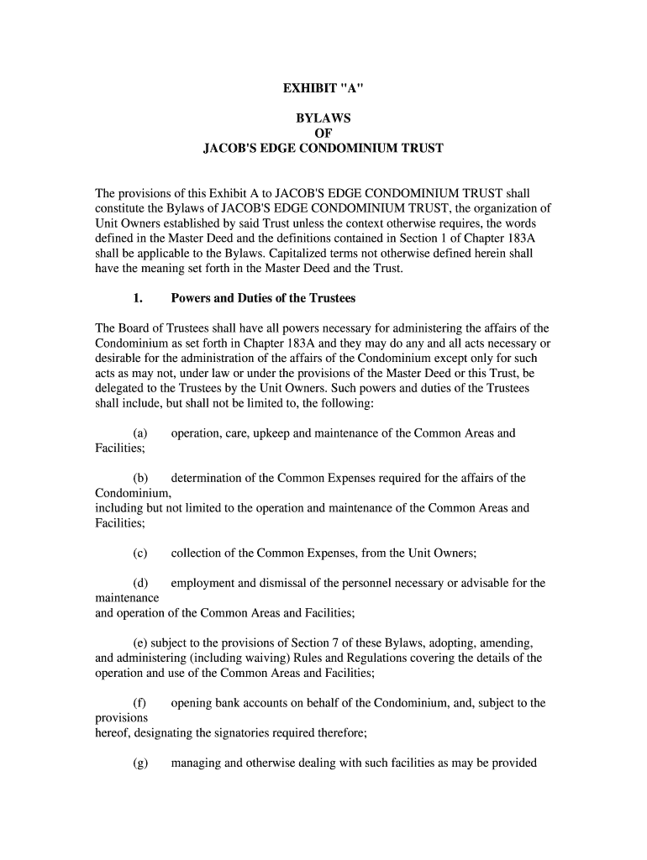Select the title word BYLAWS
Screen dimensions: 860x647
pos(323,118)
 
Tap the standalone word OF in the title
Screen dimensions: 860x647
pos(323,134)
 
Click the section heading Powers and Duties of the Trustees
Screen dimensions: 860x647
pos(263,298)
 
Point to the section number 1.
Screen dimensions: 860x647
pos(138,298)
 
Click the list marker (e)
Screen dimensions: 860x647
pos(139,642)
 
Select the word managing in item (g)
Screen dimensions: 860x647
pos(196,763)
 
